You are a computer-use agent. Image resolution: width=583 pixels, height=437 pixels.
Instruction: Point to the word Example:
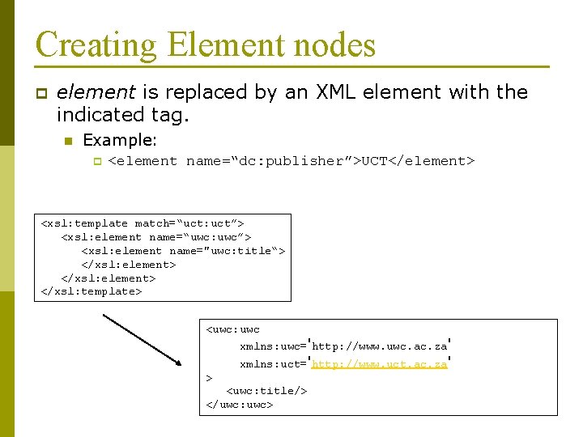click(121, 140)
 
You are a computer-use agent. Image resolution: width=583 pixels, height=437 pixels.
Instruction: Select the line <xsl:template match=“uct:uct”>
click(143, 223)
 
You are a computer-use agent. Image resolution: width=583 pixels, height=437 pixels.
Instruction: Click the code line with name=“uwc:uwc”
click(156, 237)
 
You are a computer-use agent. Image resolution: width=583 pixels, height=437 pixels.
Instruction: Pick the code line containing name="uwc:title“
click(183, 251)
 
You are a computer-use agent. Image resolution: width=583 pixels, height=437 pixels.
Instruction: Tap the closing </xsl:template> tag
click(91, 291)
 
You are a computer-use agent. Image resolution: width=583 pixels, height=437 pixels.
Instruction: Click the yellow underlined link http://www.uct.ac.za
click(379, 364)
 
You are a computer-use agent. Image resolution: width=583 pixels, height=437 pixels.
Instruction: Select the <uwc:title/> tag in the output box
click(266, 391)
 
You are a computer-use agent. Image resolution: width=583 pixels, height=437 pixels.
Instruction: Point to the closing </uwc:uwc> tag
click(240, 404)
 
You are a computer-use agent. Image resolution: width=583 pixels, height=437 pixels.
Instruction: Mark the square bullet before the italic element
click(41, 93)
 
